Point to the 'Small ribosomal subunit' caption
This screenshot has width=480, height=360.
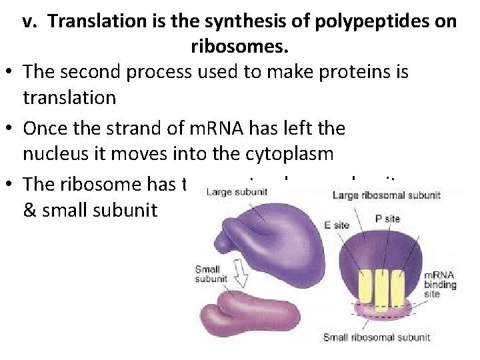[376, 337]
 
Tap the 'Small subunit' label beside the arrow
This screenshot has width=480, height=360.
[208, 275]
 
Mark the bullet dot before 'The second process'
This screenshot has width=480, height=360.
[10, 73]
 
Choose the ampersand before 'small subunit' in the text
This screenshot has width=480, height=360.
[30, 210]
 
